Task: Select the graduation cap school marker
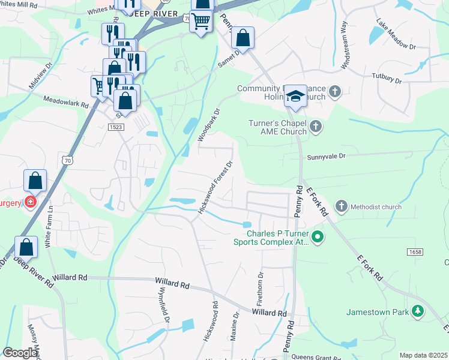point(295,95)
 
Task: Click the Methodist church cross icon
point(341,207)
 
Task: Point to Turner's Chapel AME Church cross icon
point(316,127)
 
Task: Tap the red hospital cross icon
point(30,203)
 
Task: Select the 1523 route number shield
point(116,127)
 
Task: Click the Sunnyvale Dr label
point(327,156)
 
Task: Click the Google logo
point(20,353)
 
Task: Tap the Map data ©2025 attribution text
point(423,355)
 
